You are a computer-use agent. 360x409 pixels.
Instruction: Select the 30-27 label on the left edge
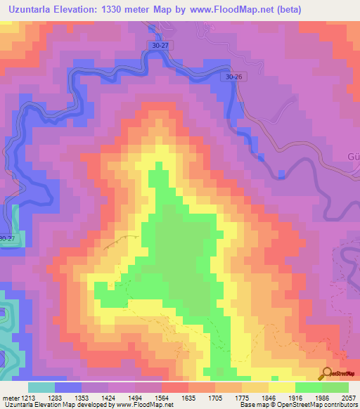coord(7,239)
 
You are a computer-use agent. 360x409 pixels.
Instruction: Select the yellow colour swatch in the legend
coord(281,387)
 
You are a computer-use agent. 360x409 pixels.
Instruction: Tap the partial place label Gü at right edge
coord(352,156)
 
